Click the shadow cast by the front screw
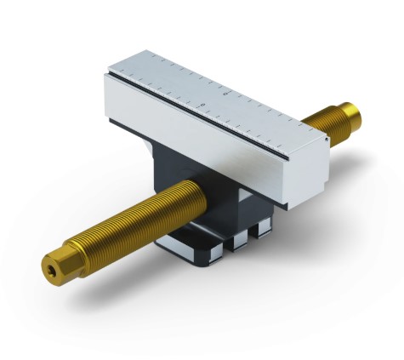pos(128,281)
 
